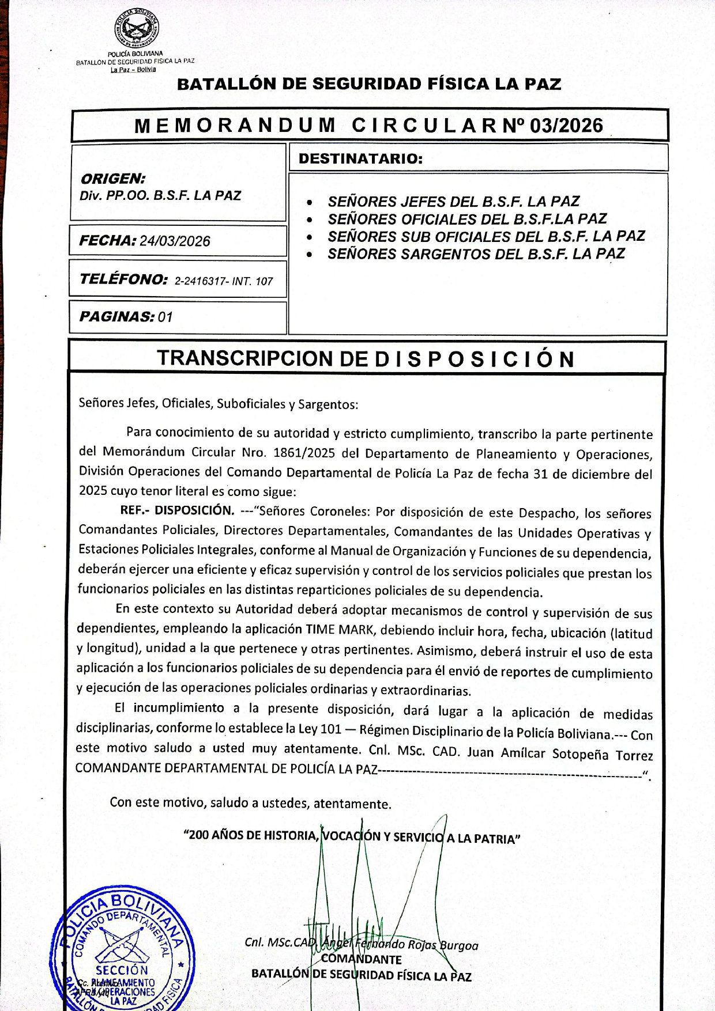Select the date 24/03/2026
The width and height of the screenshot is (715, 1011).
pos(175,241)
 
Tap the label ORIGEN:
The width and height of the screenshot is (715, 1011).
pos(113,179)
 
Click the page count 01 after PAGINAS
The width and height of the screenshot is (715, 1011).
pos(165,317)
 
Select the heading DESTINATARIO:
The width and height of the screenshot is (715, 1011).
pos(361,158)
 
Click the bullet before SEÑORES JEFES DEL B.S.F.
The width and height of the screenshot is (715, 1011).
pos(311,203)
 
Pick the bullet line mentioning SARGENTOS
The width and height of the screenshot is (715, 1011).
pos(476,253)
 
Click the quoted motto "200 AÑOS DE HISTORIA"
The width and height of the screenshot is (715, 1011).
pos(250,835)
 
